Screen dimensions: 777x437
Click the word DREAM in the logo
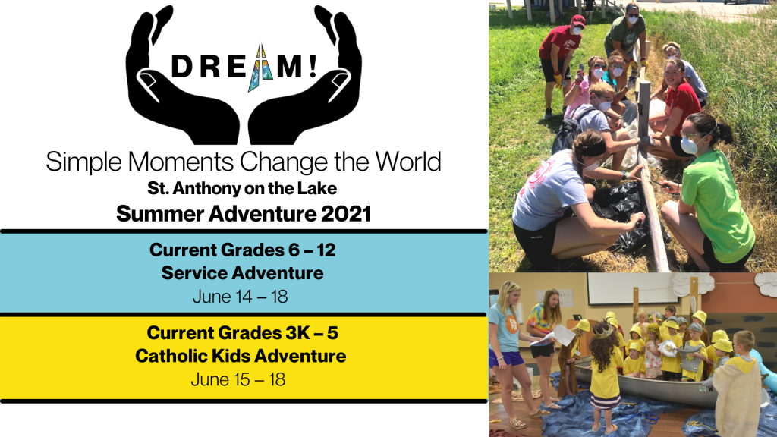[x=244, y=68]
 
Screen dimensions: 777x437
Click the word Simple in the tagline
[x=85, y=162]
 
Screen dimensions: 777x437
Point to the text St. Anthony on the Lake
[x=242, y=188]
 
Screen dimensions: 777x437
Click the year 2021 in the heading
[x=346, y=214]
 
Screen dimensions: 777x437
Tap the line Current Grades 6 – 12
[x=242, y=250]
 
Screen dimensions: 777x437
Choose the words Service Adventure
[x=242, y=273]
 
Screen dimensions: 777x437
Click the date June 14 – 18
[x=241, y=297]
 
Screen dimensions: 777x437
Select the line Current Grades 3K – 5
[x=242, y=332]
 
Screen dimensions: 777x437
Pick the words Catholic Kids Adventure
[x=241, y=356]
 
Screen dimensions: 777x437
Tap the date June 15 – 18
[x=238, y=379]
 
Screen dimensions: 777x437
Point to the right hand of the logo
[x=312, y=79]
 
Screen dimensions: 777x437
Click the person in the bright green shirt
[x=709, y=198]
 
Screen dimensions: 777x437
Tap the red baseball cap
[x=577, y=21]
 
